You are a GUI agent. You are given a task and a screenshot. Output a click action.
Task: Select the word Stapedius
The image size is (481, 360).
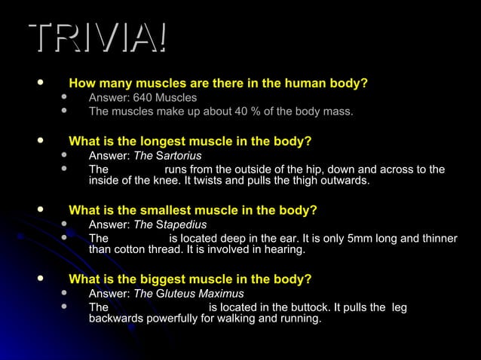181,224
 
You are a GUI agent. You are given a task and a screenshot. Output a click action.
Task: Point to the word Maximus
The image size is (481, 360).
219,294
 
